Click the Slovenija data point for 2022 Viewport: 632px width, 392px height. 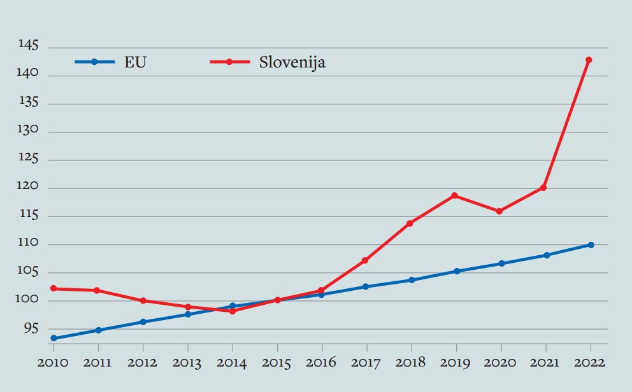tap(589, 60)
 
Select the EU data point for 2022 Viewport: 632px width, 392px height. tap(591, 245)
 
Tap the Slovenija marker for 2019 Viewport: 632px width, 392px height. tap(454, 195)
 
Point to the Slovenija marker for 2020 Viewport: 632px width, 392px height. tap(499, 211)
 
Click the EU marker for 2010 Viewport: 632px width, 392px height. tap(54, 339)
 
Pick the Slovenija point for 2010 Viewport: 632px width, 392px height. tap(54, 288)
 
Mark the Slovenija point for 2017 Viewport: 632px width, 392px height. tap(365, 260)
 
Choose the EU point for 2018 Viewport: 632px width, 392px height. tap(412, 280)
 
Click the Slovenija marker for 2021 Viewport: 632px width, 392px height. tap(543, 188)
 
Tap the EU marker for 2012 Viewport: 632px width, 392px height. tap(143, 322)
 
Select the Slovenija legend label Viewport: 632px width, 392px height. tap(292, 62)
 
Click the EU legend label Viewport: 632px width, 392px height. tap(135, 62)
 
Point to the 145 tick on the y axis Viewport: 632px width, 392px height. tap(29, 46)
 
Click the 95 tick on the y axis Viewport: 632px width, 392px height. tap(31, 329)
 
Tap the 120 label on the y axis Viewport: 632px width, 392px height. tap(29, 188)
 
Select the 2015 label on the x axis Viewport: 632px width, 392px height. tap(277, 363)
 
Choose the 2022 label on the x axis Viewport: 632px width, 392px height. tap(590, 363)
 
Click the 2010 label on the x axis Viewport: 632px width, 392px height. tap(54, 363)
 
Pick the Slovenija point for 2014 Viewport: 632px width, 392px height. tap(233, 311)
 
